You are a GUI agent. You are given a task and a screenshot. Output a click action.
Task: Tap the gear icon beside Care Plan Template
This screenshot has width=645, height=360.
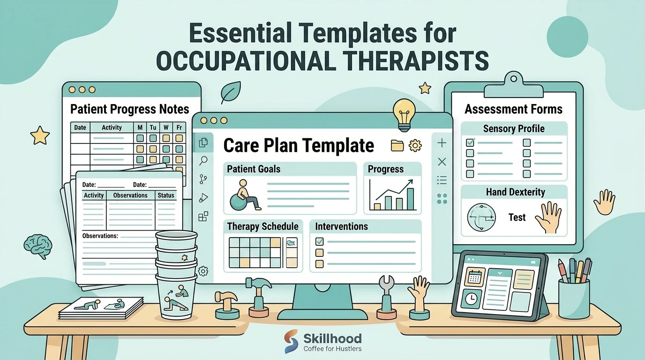click(x=415, y=145)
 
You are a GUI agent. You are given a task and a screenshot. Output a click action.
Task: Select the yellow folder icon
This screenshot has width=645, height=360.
click(x=397, y=145)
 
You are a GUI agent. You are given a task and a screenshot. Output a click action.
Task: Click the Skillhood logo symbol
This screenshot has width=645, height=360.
click(x=291, y=341)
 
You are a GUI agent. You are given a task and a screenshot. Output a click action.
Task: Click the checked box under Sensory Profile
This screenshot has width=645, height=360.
click(x=470, y=142)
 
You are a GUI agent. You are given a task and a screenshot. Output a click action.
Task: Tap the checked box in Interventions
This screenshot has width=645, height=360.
click(x=319, y=241)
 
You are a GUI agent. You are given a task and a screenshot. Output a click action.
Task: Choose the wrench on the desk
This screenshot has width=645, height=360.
click(x=386, y=297)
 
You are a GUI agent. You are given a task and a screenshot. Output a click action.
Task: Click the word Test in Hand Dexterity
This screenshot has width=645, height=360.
click(x=517, y=217)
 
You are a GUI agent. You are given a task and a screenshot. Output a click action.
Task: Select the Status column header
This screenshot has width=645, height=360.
click(x=166, y=195)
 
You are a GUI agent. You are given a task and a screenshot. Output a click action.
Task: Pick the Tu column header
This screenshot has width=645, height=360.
click(x=153, y=127)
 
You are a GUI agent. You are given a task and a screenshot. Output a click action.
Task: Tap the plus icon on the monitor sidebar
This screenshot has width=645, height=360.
click(x=442, y=143)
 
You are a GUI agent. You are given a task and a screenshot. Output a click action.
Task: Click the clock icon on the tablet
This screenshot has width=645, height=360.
click(x=471, y=299)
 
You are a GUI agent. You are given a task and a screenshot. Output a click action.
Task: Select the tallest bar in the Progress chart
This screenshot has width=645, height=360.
click(x=410, y=199)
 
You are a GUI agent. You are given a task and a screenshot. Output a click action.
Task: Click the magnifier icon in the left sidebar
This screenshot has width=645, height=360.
click(x=203, y=161)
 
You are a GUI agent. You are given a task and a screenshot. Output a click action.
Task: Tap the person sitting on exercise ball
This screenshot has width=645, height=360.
click(x=245, y=195)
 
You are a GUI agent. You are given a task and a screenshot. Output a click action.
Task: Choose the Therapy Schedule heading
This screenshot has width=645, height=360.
click(x=262, y=226)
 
